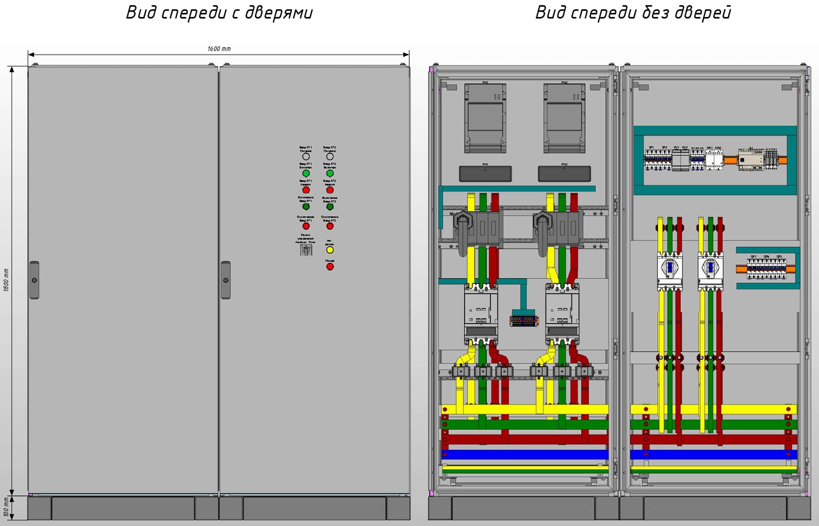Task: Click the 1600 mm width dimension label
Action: [x=219, y=49]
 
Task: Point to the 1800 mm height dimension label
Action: [x=6, y=280]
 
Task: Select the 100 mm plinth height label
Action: [x=6, y=507]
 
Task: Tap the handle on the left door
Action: [x=34, y=280]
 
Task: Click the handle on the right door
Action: [x=226, y=280]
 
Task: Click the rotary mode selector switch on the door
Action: [x=306, y=250]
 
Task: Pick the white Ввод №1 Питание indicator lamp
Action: [x=306, y=156]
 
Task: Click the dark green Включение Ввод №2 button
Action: [x=330, y=207]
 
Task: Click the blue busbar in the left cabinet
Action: [x=525, y=454]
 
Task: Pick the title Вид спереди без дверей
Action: [x=633, y=13]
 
